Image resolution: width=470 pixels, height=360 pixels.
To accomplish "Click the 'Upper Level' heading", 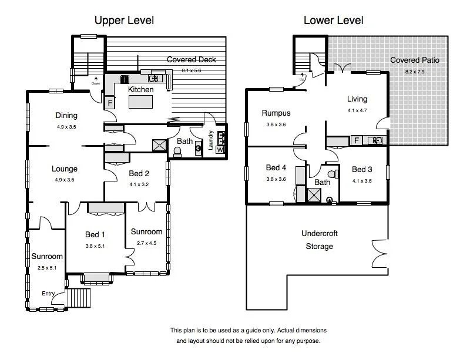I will point(124,21).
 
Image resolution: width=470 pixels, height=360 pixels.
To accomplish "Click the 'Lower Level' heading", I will point(333,21).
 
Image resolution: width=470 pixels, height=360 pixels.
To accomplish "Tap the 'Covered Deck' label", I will point(192,60).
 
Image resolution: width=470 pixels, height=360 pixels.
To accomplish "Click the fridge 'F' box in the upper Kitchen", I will point(110,103).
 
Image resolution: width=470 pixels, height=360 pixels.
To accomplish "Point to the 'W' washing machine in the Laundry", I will point(220,150).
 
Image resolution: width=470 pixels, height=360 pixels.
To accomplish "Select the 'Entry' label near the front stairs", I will point(49,294).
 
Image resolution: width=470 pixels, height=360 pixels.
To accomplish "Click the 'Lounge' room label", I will point(65,169).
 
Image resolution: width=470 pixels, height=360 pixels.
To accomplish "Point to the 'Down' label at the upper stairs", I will point(96,83).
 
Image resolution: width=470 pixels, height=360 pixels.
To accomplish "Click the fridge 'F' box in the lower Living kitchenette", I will point(356,140).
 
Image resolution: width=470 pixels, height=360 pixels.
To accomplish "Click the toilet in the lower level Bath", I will point(332,173).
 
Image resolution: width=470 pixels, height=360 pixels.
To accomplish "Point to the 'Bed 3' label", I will point(362,170).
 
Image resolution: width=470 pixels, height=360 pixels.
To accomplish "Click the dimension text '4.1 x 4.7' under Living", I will point(357,110).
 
